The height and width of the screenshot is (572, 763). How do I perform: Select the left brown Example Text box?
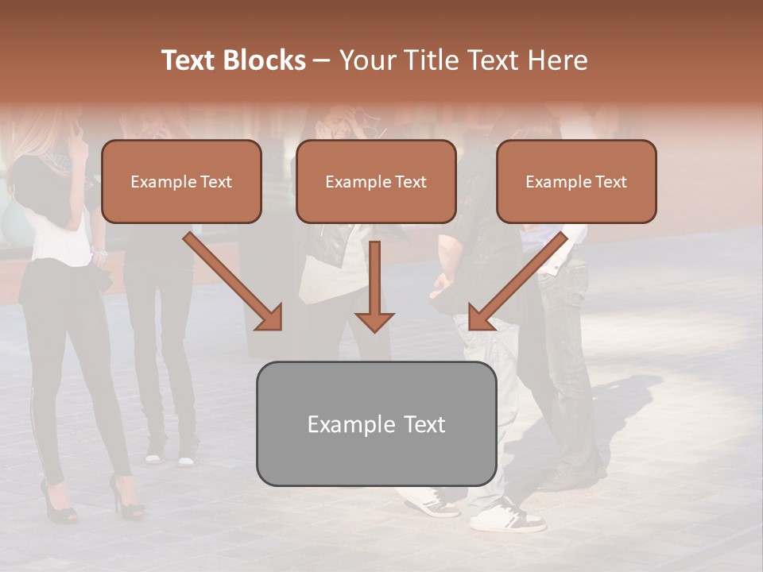[x=181, y=181]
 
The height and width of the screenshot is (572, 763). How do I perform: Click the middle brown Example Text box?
[x=376, y=181]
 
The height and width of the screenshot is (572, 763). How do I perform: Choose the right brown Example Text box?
[x=576, y=181]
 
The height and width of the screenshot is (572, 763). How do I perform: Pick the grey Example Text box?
[x=376, y=423]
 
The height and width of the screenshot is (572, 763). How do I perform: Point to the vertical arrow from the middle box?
[x=374, y=286]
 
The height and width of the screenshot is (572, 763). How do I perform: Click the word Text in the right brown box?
[x=610, y=182]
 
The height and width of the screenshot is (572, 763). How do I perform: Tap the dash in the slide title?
[x=322, y=61]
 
